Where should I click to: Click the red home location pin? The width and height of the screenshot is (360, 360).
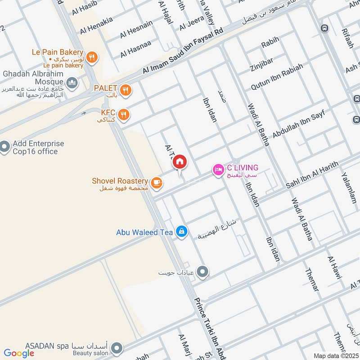point(180,162)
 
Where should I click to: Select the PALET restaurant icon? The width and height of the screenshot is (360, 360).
point(126,90)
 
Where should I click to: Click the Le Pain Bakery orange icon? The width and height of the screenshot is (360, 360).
point(92,57)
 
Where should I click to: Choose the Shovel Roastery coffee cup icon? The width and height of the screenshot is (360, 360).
point(156,182)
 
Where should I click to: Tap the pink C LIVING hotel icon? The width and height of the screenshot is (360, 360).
point(218,170)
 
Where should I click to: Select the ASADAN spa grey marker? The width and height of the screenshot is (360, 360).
point(117,348)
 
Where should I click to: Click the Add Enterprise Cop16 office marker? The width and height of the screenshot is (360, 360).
point(5,147)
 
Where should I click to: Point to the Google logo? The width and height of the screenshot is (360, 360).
point(19,353)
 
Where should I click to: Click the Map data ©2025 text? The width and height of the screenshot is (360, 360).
point(336,356)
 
